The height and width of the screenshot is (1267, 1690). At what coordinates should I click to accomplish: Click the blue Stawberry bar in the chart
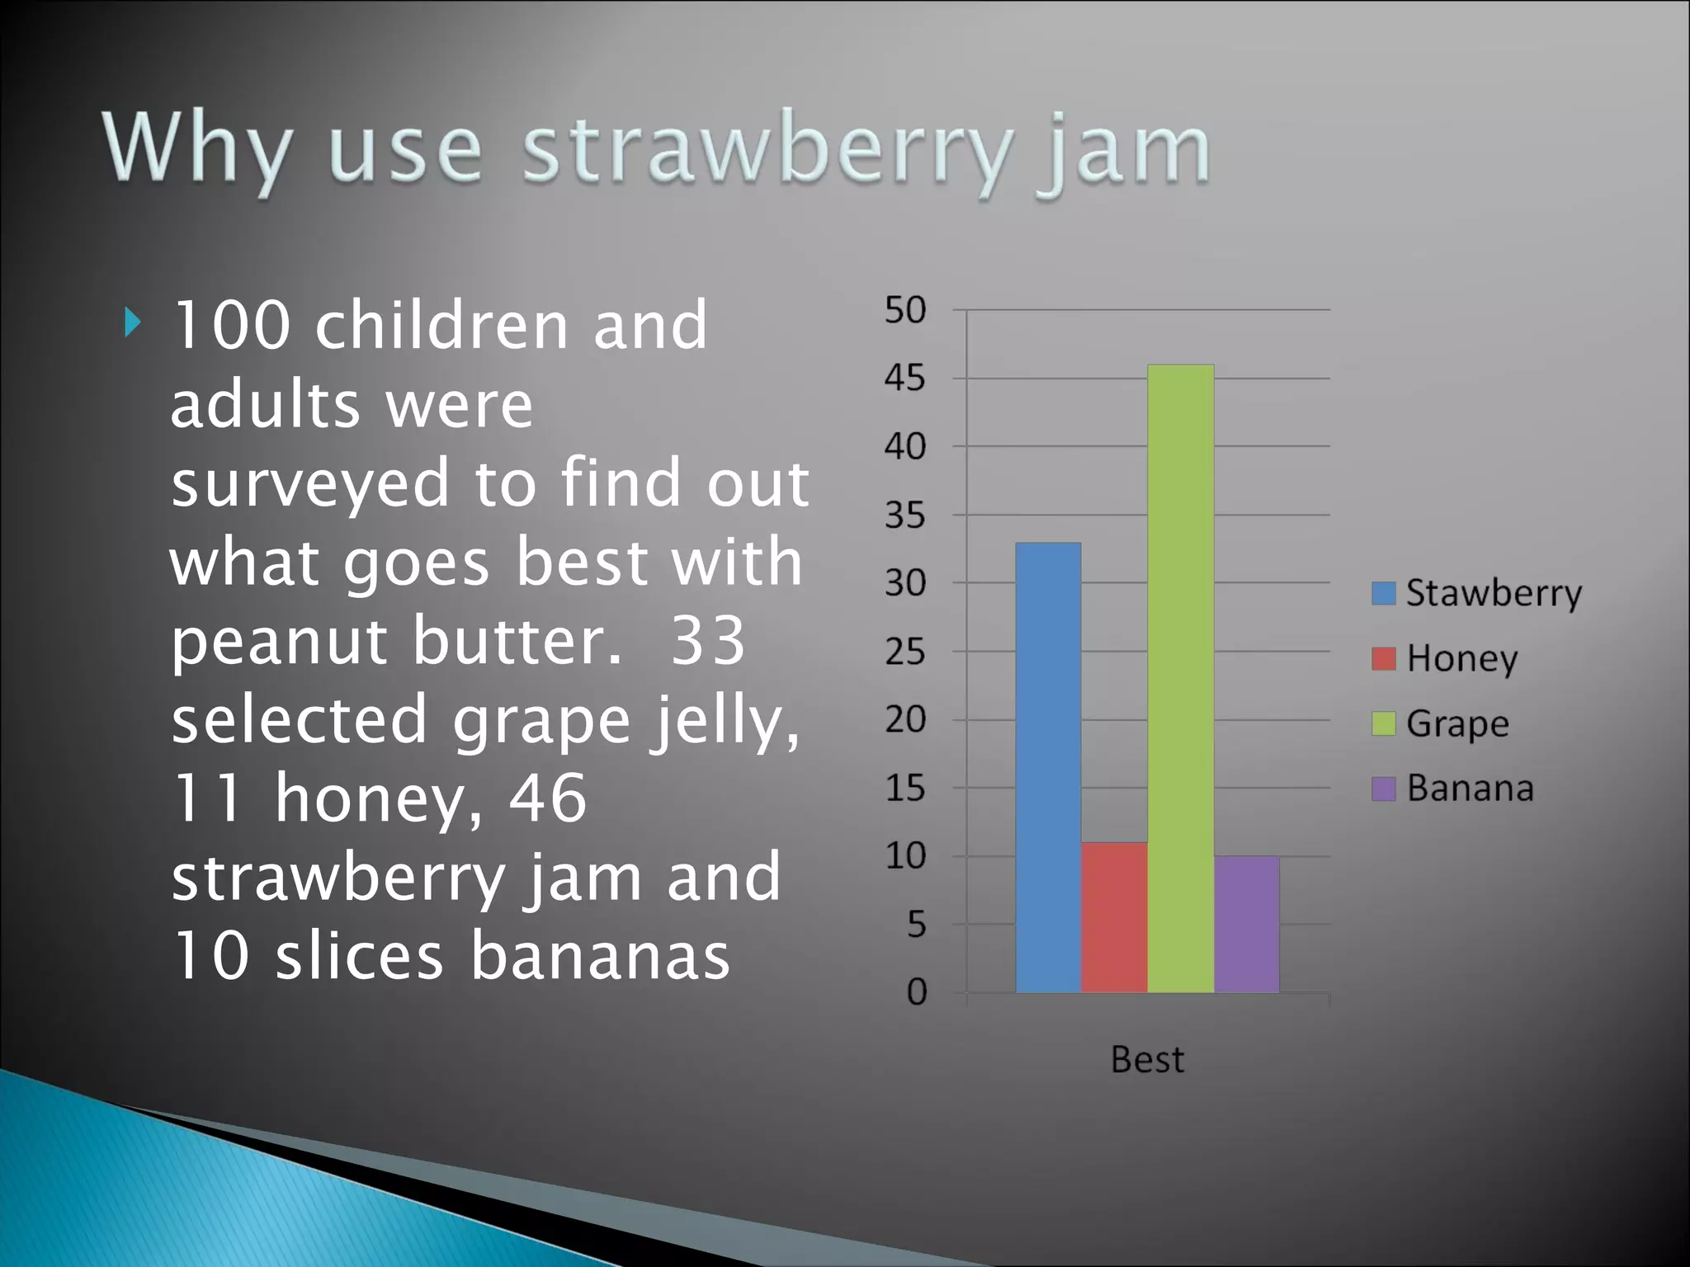point(1048,767)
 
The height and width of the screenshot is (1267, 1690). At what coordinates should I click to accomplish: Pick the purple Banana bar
point(1246,924)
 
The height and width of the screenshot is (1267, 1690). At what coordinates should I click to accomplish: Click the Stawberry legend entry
point(1477,593)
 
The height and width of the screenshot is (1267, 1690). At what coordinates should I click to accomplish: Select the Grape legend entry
point(1441,723)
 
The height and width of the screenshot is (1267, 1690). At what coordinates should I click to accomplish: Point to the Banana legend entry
point(1453,789)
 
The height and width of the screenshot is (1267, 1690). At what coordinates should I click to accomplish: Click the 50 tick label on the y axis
point(905,310)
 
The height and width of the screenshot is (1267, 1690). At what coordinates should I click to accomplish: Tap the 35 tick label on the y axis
point(905,516)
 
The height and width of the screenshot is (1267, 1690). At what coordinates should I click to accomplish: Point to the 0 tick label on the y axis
point(916,991)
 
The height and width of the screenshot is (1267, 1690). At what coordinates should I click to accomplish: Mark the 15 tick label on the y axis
point(905,789)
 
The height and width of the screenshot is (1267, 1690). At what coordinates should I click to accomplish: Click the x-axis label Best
point(1147,1059)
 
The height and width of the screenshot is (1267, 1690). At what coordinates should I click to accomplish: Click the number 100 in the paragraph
point(231,325)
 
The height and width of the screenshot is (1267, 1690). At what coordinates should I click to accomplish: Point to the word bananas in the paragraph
point(600,956)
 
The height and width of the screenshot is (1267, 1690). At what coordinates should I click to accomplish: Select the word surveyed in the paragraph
point(309,483)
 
